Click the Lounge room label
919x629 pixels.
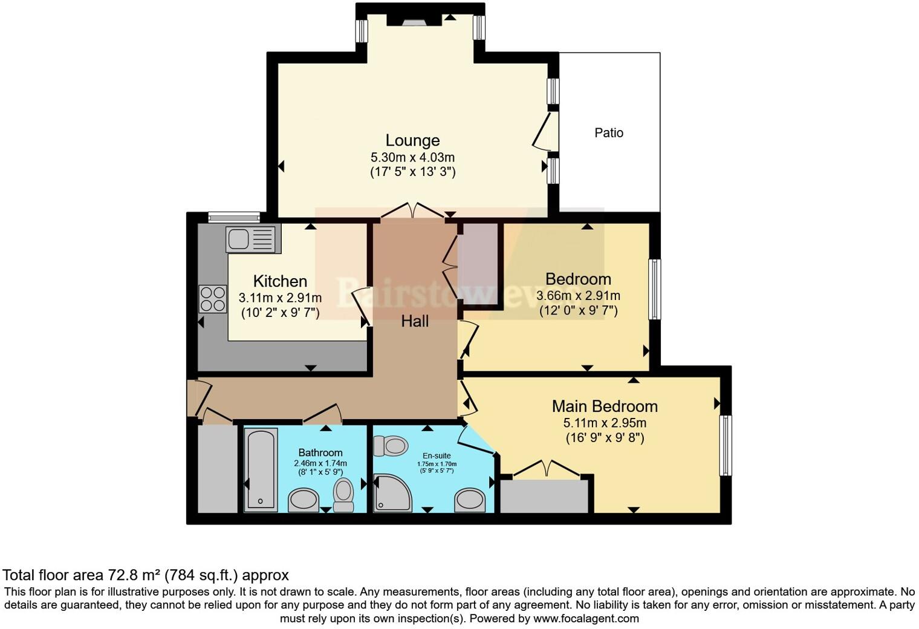tap(412, 140)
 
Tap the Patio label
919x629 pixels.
tap(608, 132)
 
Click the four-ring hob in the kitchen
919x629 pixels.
tap(212, 299)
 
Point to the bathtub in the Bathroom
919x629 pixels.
tap(261, 469)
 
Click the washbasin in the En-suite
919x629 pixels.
tap(470, 500)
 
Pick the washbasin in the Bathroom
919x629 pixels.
tap(303, 500)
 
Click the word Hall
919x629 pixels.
tap(415, 321)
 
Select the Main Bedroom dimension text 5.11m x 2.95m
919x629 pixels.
tap(605, 423)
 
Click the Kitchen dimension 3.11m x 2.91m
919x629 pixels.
tap(280, 298)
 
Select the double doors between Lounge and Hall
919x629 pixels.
tap(413, 211)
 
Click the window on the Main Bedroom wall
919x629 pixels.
tap(725, 445)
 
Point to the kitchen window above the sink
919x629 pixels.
tap(234, 217)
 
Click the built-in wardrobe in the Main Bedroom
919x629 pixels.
tap(544, 496)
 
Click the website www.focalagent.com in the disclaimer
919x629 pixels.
tap(586, 618)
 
